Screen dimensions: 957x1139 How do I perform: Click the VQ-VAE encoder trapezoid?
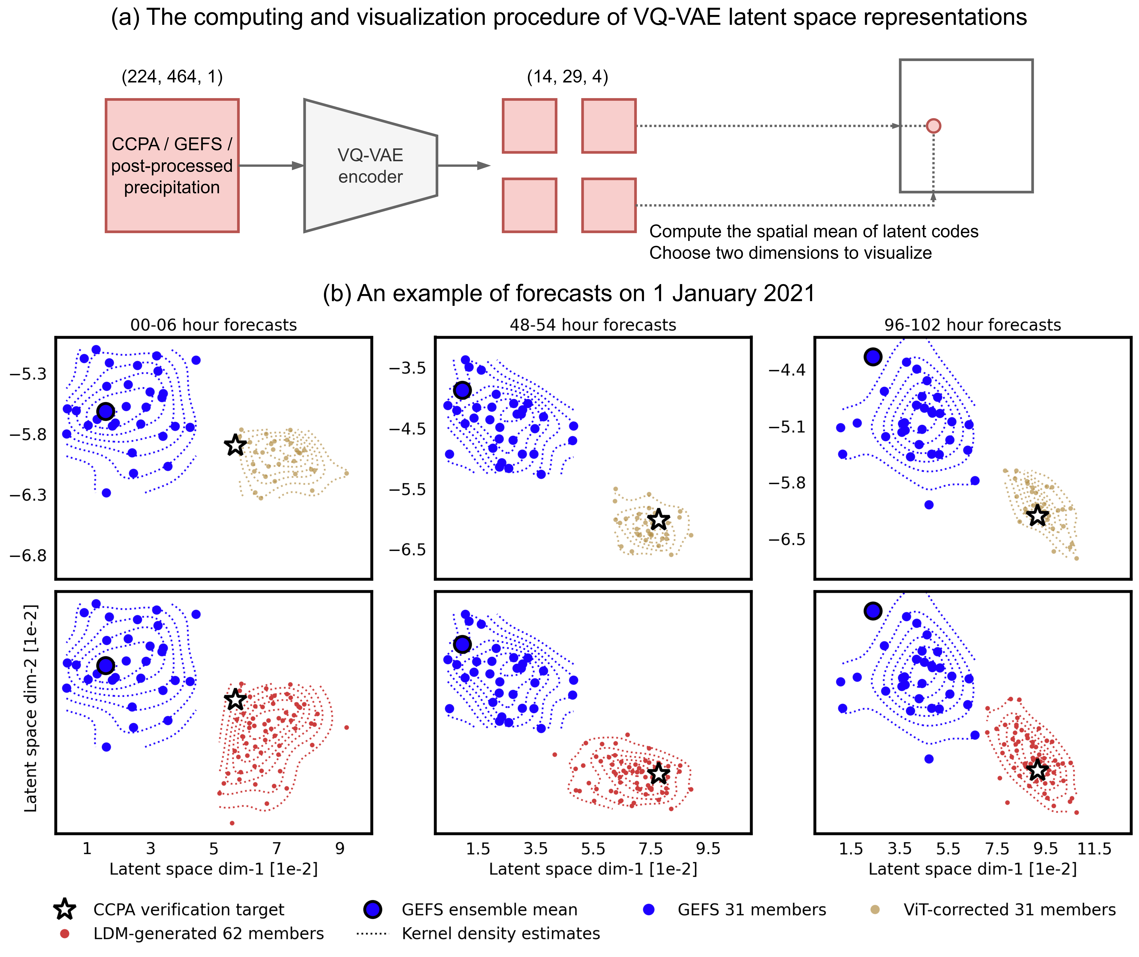[370, 165]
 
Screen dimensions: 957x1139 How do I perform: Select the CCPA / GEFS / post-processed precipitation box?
[172, 165]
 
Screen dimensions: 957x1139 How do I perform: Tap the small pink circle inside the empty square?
[933, 126]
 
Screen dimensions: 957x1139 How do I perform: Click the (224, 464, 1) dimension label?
[172, 77]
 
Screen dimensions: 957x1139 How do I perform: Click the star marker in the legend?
[65, 909]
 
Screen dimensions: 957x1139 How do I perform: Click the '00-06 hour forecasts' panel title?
[214, 325]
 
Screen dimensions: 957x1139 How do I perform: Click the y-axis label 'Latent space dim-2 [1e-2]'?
[31, 708]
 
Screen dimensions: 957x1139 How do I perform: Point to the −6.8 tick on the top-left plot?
[28, 556]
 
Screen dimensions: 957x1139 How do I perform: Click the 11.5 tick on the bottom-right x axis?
[1094, 848]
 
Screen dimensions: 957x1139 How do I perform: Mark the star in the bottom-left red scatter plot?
[235, 699]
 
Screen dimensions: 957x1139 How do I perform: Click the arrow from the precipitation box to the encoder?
[271, 165]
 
